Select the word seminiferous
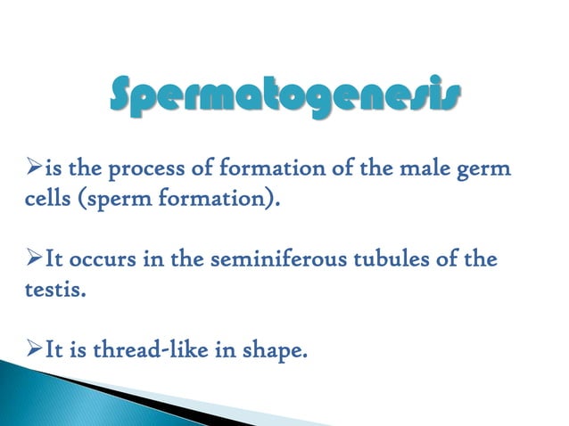(268, 260)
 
